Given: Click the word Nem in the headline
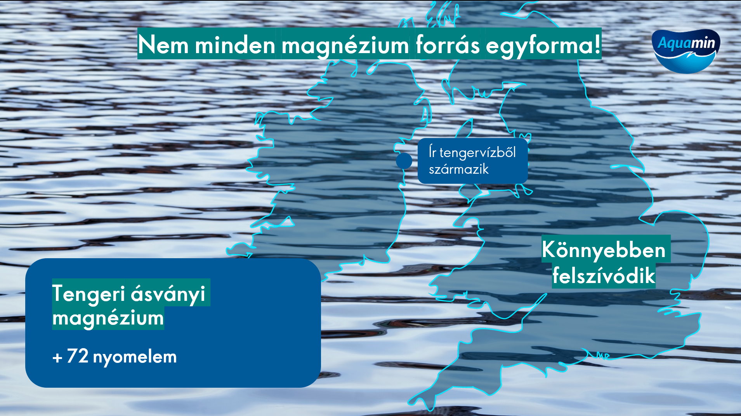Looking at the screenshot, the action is point(163,45).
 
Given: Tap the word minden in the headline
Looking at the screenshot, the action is point(235,45).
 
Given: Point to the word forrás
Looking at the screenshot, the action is point(448,45).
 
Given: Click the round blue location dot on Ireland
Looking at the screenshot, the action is point(404,161).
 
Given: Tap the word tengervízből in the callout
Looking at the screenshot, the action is point(477,152).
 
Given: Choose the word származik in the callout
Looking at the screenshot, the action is point(459,169).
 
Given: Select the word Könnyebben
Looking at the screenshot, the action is point(604,250).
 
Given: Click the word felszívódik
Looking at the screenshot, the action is point(604,276).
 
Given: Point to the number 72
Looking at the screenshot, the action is point(78,356).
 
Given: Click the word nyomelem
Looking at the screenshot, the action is point(135,357).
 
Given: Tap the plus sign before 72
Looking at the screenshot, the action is point(57,357).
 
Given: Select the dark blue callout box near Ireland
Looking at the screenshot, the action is point(472,161).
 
